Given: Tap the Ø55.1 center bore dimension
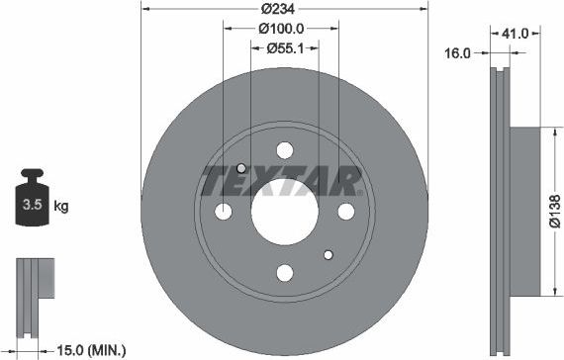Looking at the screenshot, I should coord(284,46).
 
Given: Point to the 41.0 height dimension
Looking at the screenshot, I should coord(516,33).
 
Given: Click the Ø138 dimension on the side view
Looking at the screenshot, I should coord(555,210).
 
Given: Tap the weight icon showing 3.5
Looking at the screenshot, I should coord(31,206).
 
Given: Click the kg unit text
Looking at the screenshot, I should coord(60,207).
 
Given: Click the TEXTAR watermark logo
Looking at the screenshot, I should coord(281,182).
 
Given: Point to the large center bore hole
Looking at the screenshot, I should coord(285,211).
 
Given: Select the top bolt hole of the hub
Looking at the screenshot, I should coord(285,150).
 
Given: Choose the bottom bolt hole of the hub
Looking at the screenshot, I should coord(285,272).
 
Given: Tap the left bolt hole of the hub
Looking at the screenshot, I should coord(224,211).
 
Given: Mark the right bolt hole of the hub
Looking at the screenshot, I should coord(345,211).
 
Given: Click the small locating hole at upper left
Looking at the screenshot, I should coord(241,168).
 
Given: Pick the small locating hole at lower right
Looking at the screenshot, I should coord(329,254).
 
